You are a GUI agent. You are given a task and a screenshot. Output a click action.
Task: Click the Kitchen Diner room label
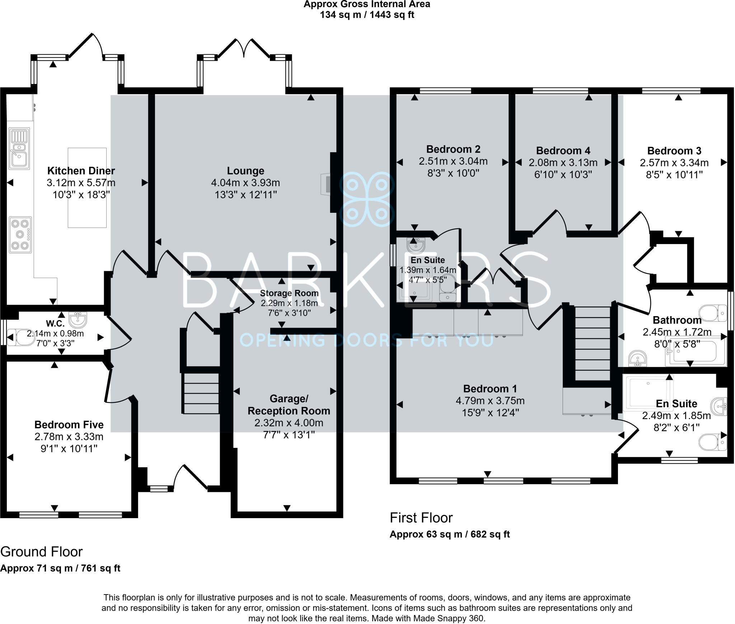click(81, 170)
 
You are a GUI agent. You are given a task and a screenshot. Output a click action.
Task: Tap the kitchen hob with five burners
click(20, 235)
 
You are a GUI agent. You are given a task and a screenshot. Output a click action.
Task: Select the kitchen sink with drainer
click(19, 149)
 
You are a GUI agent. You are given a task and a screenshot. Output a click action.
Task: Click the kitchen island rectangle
click(87, 188)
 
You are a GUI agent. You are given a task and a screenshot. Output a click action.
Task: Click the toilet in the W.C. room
click(20, 337)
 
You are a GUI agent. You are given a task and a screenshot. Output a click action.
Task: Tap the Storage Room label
click(289, 293)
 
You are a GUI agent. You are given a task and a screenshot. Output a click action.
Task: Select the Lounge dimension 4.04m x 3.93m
click(245, 183)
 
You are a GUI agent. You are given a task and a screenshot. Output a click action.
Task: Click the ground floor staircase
click(201, 393)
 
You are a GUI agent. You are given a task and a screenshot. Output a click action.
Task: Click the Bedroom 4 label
click(563, 150)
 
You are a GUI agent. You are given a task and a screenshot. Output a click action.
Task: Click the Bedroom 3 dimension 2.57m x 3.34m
click(674, 163)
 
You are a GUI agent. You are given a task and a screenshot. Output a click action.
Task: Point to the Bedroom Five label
click(69, 424)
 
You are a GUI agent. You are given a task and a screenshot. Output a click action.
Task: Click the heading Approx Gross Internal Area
click(367, 4)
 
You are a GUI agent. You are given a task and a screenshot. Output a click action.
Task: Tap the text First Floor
click(421, 518)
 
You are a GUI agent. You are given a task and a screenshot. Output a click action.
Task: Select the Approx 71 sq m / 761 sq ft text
click(60, 568)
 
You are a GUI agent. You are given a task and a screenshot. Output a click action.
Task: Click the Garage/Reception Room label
click(289, 405)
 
